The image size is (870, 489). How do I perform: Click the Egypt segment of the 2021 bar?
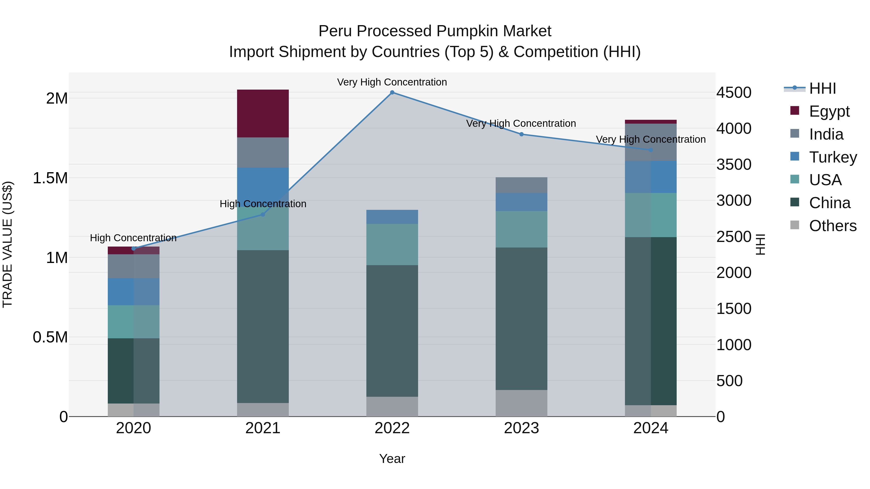pyautogui.click(x=263, y=113)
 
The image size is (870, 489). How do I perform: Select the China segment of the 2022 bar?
pyautogui.click(x=392, y=331)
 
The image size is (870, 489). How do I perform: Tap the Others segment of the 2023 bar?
pyautogui.click(x=521, y=403)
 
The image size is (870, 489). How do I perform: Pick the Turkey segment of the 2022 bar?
pyautogui.click(x=392, y=217)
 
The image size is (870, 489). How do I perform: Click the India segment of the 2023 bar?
pyautogui.click(x=521, y=185)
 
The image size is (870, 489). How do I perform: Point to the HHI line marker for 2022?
pyautogui.click(x=392, y=92)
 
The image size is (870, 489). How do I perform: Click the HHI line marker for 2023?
pyautogui.click(x=521, y=134)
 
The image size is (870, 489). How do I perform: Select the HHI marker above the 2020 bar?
pyautogui.click(x=133, y=249)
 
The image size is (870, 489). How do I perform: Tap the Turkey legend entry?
pyautogui.click(x=833, y=157)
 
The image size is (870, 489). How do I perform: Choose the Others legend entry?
pyautogui.click(x=833, y=226)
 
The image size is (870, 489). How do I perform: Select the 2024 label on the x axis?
pyautogui.click(x=651, y=428)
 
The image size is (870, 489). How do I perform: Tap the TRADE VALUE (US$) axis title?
pyautogui.click(x=7, y=244)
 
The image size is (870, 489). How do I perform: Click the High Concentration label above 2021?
pyautogui.click(x=263, y=204)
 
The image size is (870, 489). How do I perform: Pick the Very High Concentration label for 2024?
pyautogui.click(x=651, y=139)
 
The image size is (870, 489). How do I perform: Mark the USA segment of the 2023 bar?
pyautogui.click(x=521, y=229)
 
